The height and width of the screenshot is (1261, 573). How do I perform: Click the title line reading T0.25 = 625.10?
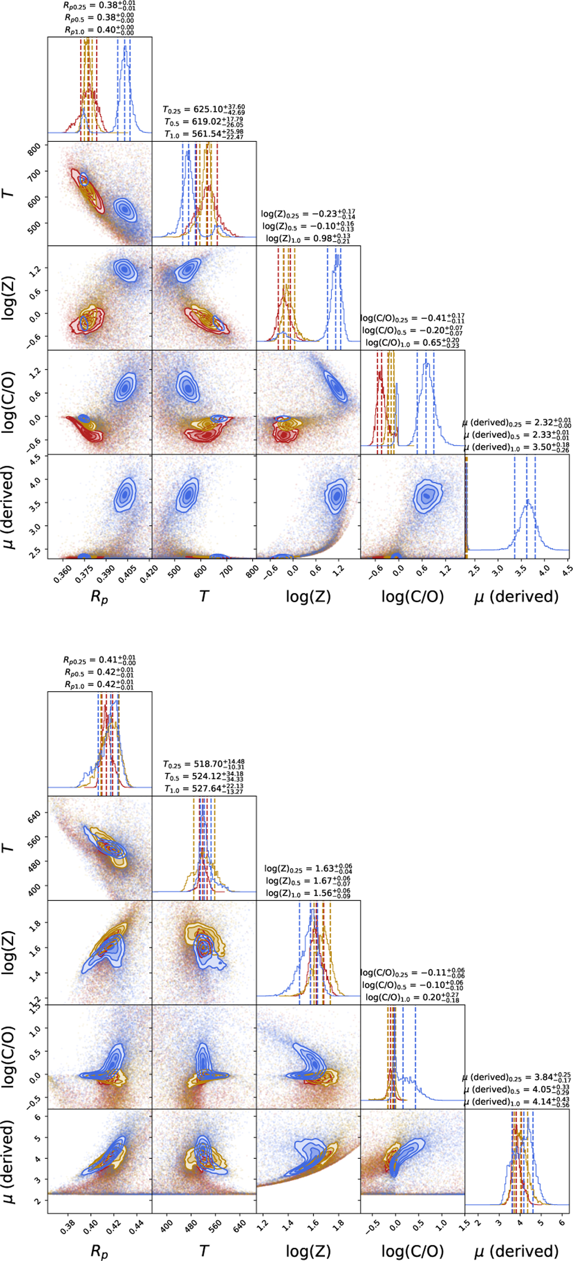click(x=203, y=109)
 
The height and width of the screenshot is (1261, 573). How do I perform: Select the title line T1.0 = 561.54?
click(x=203, y=134)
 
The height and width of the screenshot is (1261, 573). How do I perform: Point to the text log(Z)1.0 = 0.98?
click(x=308, y=238)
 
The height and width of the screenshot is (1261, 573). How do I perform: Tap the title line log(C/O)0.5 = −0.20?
click(x=412, y=330)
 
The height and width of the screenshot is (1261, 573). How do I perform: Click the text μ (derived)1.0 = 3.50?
click(x=516, y=447)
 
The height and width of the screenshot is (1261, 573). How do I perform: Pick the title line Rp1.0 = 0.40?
click(x=99, y=30)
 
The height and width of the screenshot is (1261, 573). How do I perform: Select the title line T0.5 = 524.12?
click(x=203, y=776)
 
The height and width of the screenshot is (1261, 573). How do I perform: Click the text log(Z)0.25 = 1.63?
click(x=308, y=868)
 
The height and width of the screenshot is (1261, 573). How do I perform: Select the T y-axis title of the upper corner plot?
click(x=9, y=193)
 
